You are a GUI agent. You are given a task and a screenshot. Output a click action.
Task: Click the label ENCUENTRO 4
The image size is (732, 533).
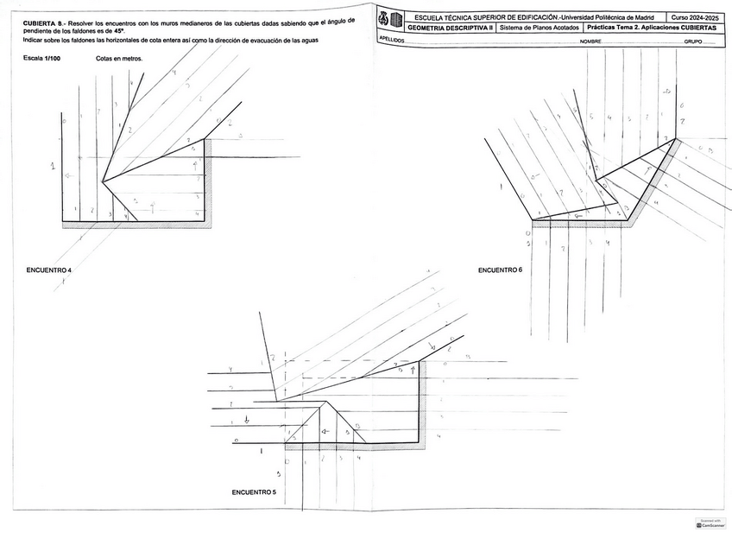click(x=49, y=270)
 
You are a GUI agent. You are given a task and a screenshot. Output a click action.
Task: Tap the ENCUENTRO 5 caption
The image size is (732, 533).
click(x=254, y=492)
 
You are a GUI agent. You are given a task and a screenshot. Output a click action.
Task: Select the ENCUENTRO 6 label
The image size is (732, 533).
click(x=500, y=270)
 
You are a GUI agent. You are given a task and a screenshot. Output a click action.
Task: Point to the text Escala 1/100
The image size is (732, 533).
click(x=43, y=59)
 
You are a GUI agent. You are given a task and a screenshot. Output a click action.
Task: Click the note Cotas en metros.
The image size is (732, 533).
click(x=119, y=59)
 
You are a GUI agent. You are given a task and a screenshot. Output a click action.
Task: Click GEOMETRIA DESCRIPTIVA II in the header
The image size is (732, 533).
click(x=450, y=28)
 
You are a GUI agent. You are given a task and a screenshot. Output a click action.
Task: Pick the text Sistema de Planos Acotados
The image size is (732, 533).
click(x=540, y=28)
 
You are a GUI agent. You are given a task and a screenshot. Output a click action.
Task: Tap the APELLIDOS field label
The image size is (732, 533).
click(x=392, y=41)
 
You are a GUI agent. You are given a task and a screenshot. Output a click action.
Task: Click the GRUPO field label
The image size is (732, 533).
click(x=693, y=41)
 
